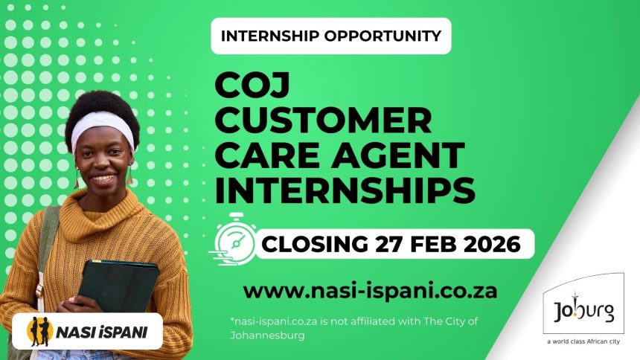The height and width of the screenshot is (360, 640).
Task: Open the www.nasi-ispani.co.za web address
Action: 370,289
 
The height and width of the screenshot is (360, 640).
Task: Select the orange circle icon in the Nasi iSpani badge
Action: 39,332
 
